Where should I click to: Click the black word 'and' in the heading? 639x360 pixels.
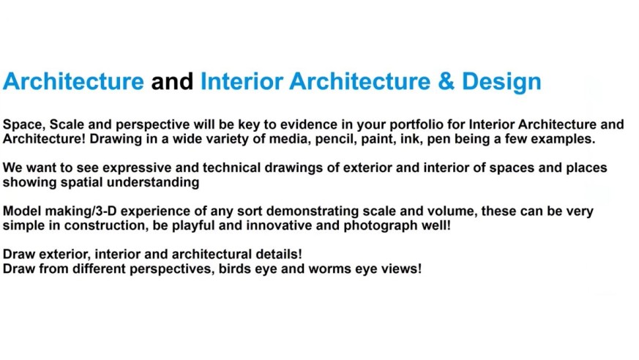pyautogui.click(x=172, y=81)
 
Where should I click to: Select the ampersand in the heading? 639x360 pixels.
pyautogui.click(x=446, y=81)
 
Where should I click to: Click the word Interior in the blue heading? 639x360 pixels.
pyautogui.click(x=242, y=81)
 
